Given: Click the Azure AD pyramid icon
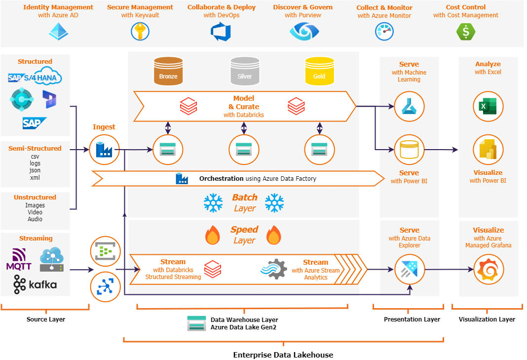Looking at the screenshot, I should coord(58,31).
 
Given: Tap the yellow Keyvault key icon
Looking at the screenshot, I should coord(140,32).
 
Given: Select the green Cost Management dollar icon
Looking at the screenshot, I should coord(465,32).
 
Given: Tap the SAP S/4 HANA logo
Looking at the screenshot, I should coord(35,78).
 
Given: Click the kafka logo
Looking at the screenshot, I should coord(35,284).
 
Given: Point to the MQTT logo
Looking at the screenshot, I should coord(19,259).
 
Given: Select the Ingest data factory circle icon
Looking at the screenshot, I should coord(104,149).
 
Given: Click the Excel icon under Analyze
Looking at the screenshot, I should coord(488,107).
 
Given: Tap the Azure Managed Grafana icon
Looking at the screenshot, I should coord(488,270).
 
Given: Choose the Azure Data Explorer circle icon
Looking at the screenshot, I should coord(409,270).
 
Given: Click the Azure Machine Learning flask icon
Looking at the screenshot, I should coord(409,107).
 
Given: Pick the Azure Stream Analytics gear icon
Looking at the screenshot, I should coord(274,270).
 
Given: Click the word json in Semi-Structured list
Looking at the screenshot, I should coord(35,170).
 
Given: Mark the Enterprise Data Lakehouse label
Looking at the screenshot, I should coord(283,355).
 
